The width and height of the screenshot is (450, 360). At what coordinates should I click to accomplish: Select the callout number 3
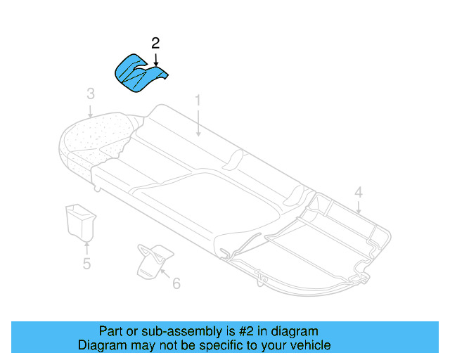coord(90,94)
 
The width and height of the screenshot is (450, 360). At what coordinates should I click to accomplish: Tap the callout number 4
coord(358,191)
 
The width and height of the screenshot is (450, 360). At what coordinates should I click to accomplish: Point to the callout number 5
coord(86,264)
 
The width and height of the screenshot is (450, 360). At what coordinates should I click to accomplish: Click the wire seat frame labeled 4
coord(330,243)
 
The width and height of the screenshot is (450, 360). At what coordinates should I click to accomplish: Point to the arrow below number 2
coord(155,60)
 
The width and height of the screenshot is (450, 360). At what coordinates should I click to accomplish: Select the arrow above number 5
coord(86,247)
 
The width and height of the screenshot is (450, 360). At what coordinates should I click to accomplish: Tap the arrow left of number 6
coord(165,276)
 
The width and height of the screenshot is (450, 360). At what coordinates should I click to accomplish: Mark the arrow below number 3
coord(90,108)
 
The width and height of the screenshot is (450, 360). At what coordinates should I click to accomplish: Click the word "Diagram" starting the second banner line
coord(100,345)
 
